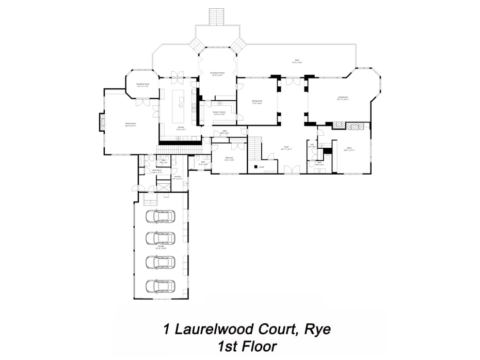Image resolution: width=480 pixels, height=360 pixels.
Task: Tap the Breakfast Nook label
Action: [142, 85]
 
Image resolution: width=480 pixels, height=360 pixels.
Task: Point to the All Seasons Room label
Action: [217, 74]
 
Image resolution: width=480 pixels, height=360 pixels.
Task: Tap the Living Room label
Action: [342, 98]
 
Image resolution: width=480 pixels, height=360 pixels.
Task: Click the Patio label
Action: [297, 61]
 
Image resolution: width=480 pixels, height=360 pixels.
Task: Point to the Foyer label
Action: [286, 148]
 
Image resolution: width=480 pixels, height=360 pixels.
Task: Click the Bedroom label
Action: [229, 159]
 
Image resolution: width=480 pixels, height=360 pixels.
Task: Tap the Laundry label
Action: [177, 178]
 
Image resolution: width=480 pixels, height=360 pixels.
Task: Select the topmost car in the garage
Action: [159, 216]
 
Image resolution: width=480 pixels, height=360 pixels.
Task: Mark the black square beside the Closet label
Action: [255, 167]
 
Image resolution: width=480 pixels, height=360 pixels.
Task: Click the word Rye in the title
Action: [316, 328]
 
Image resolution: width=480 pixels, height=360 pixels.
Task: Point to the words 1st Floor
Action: [247, 346]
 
